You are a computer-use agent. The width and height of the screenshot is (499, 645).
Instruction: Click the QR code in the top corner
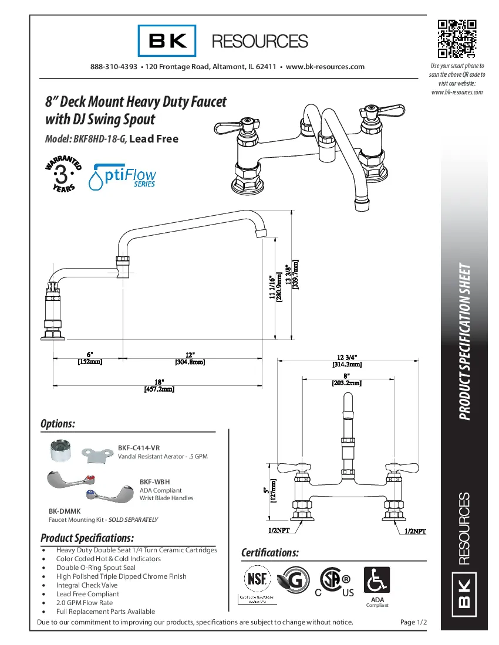click(x=457, y=39)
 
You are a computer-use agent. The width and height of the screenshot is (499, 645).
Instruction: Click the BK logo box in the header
click(x=167, y=41)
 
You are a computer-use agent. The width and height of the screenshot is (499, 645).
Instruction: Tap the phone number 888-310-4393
click(x=114, y=67)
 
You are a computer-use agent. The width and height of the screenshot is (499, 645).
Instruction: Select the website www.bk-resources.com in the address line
click(x=325, y=67)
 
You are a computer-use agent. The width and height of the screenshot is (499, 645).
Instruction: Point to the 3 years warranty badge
click(x=63, y=174)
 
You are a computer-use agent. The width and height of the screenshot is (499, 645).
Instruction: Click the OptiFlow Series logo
click(x=122, y=176)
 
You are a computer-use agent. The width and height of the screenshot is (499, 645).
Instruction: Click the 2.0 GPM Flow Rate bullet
click(x=85, y=603)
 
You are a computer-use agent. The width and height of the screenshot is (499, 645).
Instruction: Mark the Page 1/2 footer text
click(x=413, y=622)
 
